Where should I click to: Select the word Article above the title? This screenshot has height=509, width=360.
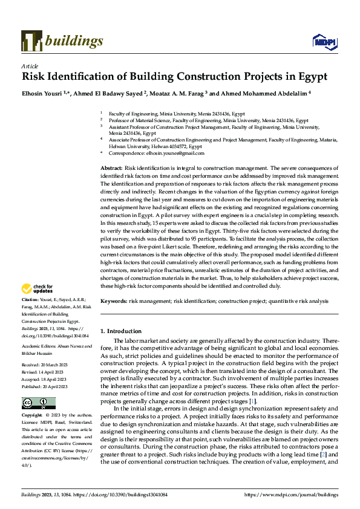pyautogui.click(x=30, y=66)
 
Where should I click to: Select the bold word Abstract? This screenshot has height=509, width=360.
pyautogui.click(x=111, y=166)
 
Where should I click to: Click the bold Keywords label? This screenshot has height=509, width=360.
pyautogui.click(x=114, y=300)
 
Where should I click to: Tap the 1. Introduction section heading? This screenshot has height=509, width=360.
pyautogui.click(x=121, y=331)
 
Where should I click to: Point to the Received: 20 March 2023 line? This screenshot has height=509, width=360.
pyautogui.click(x=46, y=366)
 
